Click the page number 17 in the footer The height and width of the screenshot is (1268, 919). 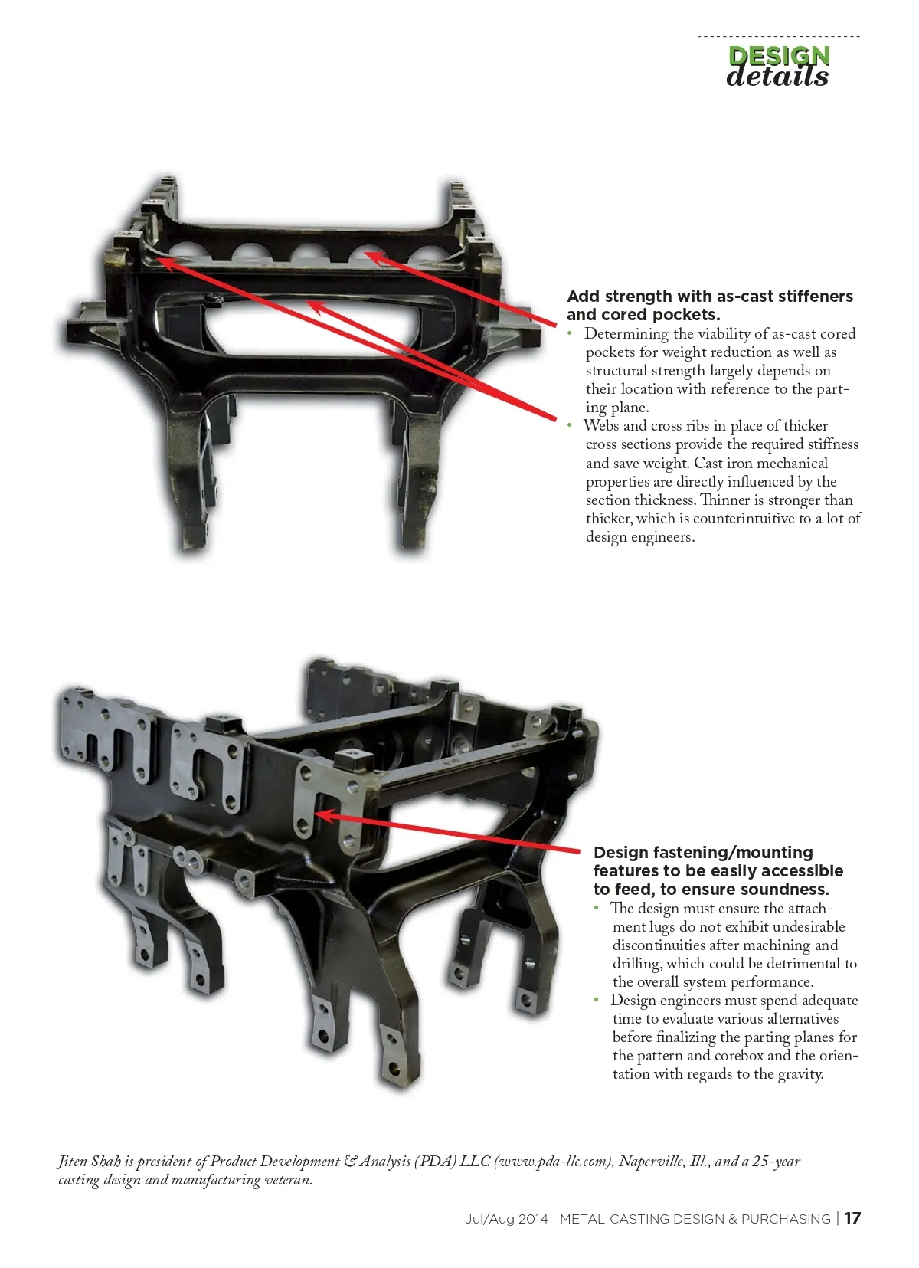click(853, 1218)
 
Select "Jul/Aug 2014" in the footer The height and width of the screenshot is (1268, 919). click(506, 1219)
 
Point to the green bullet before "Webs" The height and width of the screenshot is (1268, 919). click(570, 426)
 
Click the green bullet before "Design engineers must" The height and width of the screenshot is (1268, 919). click(597, 1001)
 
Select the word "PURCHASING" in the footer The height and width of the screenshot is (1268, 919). click(786, 1219)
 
